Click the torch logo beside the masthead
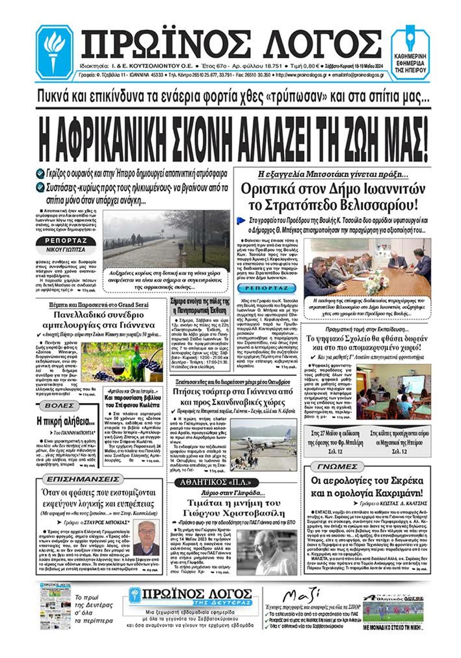pyautogui.click(x=54, y=51)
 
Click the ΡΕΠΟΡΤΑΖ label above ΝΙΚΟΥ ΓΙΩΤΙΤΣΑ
pyautogui.click(x=66, y=240)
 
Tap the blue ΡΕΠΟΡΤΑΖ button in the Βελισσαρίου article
pyautogui.click(x=267, y=288)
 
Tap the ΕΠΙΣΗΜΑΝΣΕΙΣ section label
pyautogui.click(x=83, y=479)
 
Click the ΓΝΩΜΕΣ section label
pyautogui.click(x=337, y=466)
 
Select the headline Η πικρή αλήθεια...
pyautogui.click(x=66, y=422)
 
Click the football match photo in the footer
pyautogui.click(x=393, y=612)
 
